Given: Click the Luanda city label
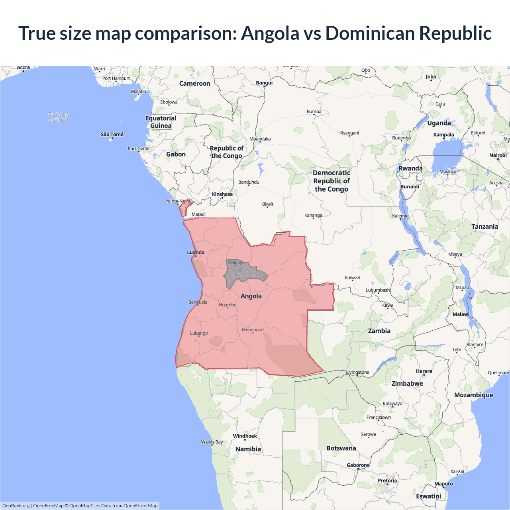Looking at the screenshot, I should pos(196,252).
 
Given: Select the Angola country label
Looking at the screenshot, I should pos(251,296).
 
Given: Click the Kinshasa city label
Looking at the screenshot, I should pos(222,194).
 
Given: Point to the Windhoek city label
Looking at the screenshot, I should pos(245,436).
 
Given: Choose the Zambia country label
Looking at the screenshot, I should pos(379,331).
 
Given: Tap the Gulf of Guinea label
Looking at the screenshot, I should pos(58,117).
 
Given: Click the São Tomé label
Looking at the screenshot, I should pos(112,134).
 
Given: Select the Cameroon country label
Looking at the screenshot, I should pos(194,83).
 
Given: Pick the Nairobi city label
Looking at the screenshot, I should pos(498,155).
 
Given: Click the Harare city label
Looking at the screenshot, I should pos(424,371).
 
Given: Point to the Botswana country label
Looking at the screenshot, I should pos(341,448).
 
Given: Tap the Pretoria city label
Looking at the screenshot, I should pos(387,480).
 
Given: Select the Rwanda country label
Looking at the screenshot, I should pos(410,168).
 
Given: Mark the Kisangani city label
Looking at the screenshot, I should pos(349,133).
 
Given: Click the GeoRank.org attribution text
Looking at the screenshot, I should pos(16,506).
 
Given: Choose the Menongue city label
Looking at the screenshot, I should pos(253,330).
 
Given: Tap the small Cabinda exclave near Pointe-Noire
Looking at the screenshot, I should pos(184,208).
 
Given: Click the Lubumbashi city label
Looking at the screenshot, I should pos(378,290).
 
